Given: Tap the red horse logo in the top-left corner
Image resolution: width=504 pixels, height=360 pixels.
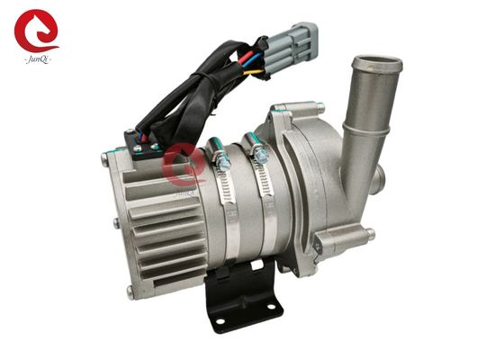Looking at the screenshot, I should (35, 31).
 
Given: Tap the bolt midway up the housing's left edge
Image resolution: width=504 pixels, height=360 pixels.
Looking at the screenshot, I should (114, 226).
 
